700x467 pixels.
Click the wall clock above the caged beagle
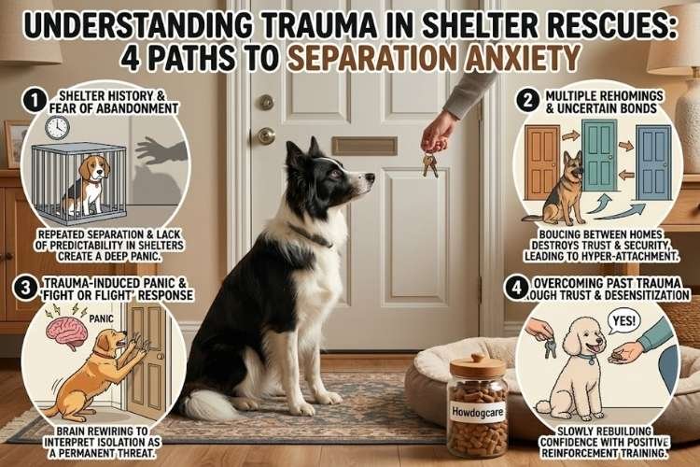point(57,127)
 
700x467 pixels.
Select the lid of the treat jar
point(477,363)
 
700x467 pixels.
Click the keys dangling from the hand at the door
point(429,163)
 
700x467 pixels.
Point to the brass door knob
point(267,135)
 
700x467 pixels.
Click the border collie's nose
point(371,177)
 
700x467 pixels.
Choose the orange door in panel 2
point(543,161)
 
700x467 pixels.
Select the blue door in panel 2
point(653,161)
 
